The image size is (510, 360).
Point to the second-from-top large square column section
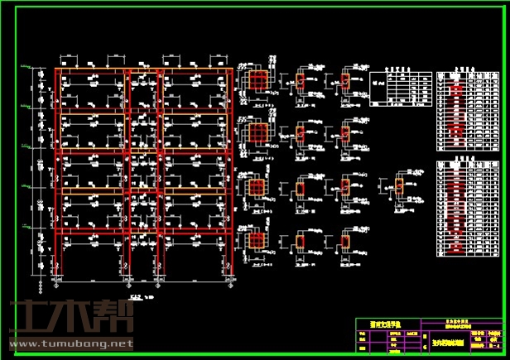point(258,132)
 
